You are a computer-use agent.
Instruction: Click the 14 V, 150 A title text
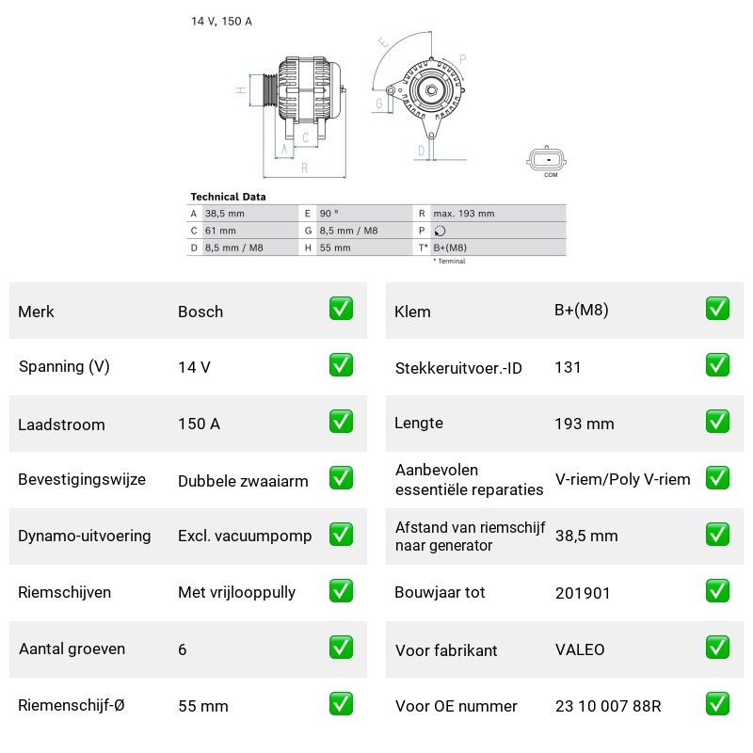pyautogui.click(x=221, y=21)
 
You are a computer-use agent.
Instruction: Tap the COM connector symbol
pyautogui.click(x=547, y=159)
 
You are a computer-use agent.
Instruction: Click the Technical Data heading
pyautogui.click(x=228, y=197)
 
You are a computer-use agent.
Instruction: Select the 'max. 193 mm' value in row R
pyautogui.click(x=463, y=214)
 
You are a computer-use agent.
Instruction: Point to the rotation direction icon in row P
pyautogui.click(x=440, y=231)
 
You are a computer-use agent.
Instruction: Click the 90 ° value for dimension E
pyautogui.click(x=328, y=214)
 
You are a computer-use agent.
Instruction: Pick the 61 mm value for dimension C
pyautogui.click(x=220, y=231)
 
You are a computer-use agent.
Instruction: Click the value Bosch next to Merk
pyautogui.click(x=200, y=312)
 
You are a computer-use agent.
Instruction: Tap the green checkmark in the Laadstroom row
pyautogui.click(x=341, y=422)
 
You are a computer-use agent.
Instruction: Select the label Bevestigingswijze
pyautogui.click(x=82, y=479)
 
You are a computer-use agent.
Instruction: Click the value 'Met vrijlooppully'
pyautogui.click(x=236, y=592)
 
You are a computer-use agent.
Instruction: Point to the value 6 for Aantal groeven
pyautogui.click(x=182, y=649)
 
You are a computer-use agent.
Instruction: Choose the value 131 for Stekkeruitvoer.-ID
pyautogui.click(x=568, y=367)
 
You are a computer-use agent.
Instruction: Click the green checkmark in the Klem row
pyautogui.click(x=717, y=309)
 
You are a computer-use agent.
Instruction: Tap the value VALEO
pyautogui.click(x=580, y=649)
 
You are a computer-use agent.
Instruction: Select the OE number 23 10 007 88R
pyautogui.click(x=608, y=706)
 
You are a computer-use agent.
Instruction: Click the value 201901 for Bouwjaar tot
pyautogui.click(x=583, y=593)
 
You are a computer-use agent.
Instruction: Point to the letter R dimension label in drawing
pyautogui.click(x=304, y=168)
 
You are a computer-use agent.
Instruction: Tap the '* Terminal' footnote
pyautogui.click(x=450, y=261)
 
